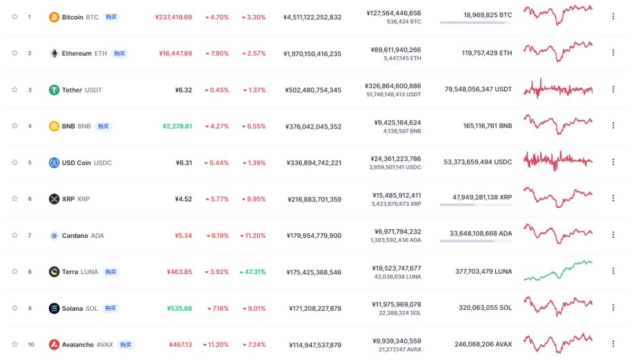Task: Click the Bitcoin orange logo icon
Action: (x=54, y=17)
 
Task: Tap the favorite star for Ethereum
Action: (x=15, y=53)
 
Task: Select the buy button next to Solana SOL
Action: (x=110, y=308)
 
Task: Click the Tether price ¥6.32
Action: (x=184, y=90)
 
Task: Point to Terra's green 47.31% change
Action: (x=252, y=272)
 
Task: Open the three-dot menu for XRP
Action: (x=613, y=198)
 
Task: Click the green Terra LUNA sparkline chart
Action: (x=558, y=271)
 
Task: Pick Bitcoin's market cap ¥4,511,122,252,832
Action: (x=312, y=17)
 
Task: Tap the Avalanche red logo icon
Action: (x=54, y=345)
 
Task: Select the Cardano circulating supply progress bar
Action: (x=476, y=241)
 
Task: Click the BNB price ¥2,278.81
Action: (x=177, y=126)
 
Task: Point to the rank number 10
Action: (x=31, y=345)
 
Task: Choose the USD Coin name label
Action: (x=76, y=163)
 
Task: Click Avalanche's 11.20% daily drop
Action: (x=216, y=345)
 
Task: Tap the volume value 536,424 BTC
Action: (x=404, y=22)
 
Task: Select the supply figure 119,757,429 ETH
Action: (x=487, y=53)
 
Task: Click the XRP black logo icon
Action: (x=54, y=199)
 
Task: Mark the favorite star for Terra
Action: (x=15, y=272)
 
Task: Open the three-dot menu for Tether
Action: (x=613, y=89)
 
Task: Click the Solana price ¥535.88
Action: (x=179, y=308)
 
